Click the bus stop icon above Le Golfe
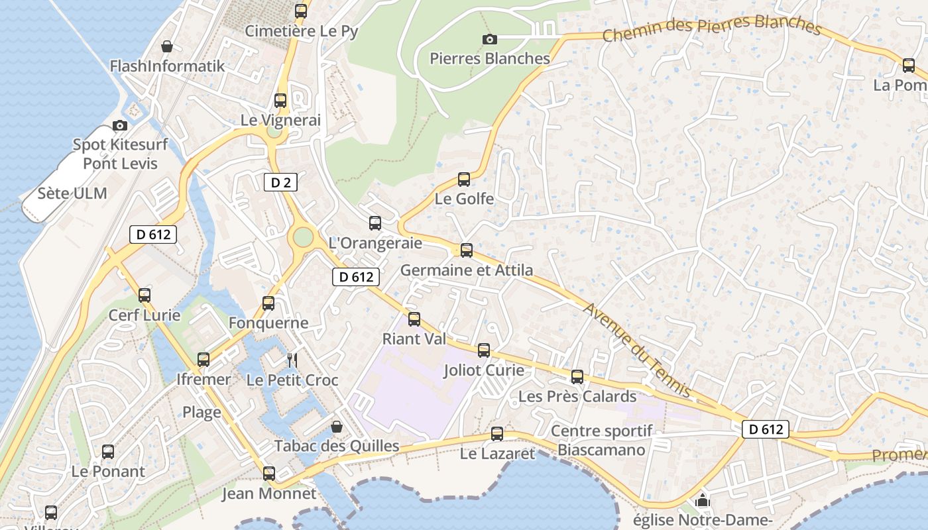tap(464, 179)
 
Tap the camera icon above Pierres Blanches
tap(490, 39)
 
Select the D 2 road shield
tap(280, 182)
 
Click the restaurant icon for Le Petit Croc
tap(292, 360)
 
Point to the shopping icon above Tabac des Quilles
tap(337, 426)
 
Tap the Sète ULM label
tap(72, 193)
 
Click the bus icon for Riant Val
tap(414, 319)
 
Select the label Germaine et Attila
tap(467, 270)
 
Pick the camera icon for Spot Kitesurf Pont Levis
tap(120, 125)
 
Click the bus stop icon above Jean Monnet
tap(268, 474)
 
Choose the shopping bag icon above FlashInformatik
tap(167, 46)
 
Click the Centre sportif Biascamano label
tap(602, 441)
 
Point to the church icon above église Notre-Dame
tap(703, 500)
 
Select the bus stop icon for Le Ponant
tap(108, 452)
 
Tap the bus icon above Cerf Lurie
tap(144, 295)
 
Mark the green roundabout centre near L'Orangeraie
tap(303, 237)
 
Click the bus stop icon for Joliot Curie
tap(484, 350)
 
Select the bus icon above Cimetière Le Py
tap(301, 11)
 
